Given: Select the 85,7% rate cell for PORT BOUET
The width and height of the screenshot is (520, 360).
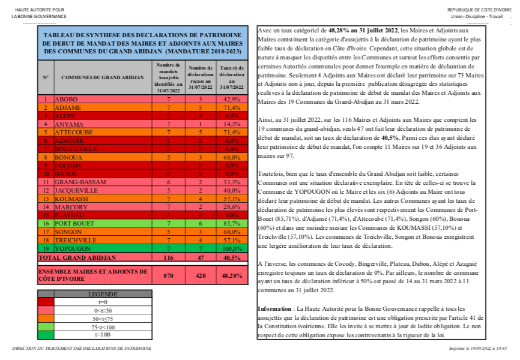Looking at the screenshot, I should click(x=231, y=223).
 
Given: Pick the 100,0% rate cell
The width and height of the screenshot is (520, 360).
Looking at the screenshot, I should click(x=231, y=248).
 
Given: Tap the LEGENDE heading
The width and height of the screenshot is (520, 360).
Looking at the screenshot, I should click(x=103, y=294).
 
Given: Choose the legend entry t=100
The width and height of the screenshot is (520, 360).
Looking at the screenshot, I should click(x=103, y=334).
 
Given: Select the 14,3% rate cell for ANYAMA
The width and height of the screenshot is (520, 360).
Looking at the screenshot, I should click(x=231, y=124).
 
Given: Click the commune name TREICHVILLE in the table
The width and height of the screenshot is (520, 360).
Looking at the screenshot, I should click(x=73, y=239).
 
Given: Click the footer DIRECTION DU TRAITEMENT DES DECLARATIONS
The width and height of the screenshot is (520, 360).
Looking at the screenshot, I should click(x=81, y=349).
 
